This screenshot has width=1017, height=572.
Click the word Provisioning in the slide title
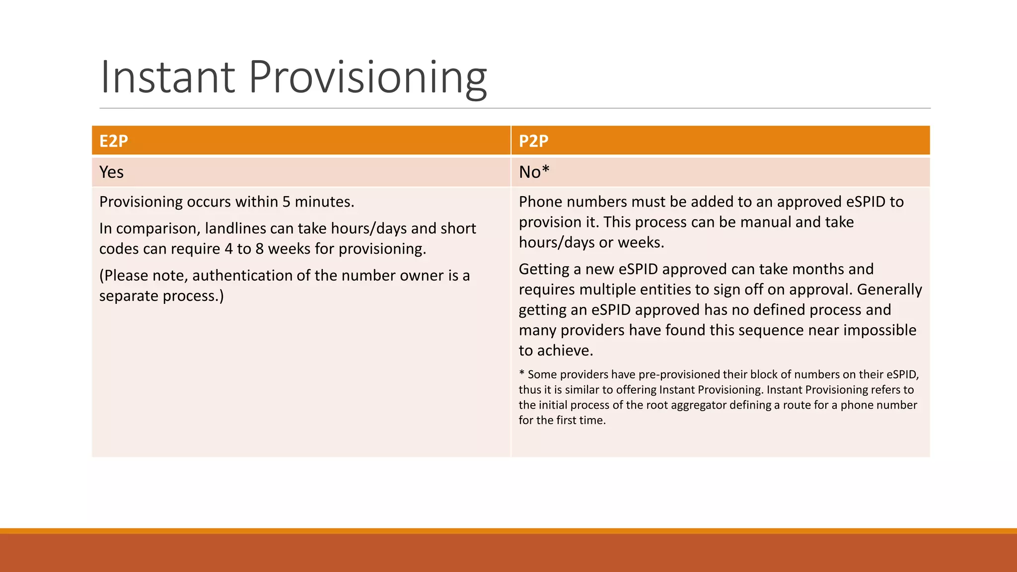pyautogui.click(x=367, y=77)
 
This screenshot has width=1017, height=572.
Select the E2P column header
pyautogui.click(x=114, y=141)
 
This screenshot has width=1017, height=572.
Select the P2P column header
pyautogui.click(x=533, y=141)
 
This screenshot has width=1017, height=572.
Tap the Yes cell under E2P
pyautogui.click(x=111, y=172)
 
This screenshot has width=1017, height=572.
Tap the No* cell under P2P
pyautogui.click(x=534, y=172)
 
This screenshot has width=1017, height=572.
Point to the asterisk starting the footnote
pyautogui.click(x=521, y=373)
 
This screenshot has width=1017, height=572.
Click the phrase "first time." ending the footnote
pyautogui.click(x=581, y=420)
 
